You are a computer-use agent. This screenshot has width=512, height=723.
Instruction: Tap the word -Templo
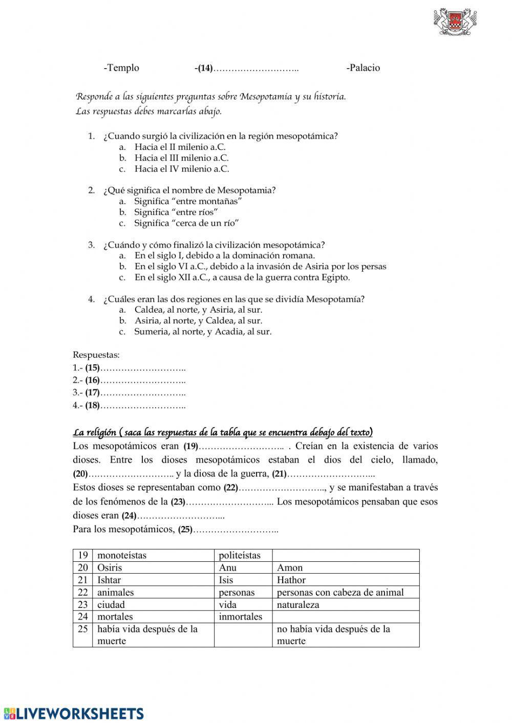[121, 68]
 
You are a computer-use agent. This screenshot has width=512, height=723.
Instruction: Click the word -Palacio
[363, 68]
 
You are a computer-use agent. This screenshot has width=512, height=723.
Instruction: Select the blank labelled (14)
[255, 69]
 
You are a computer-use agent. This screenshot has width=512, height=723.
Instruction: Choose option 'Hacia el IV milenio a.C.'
[181, 169]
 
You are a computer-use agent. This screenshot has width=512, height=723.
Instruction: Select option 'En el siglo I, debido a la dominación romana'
[224, 255]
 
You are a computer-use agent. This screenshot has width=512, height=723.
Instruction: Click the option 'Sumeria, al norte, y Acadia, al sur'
[203, 332]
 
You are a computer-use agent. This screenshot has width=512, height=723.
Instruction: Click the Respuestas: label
[96, 355]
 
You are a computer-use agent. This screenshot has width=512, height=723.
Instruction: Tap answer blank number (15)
[142, 368]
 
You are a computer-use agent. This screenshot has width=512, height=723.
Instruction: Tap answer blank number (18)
[142, 406]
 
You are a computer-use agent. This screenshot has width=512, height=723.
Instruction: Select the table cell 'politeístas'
[240, 555]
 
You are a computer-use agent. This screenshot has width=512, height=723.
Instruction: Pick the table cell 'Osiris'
[110, 567]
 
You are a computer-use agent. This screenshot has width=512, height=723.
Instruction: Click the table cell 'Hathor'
[291, 580]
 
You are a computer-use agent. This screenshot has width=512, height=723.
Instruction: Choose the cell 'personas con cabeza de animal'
[340, 592]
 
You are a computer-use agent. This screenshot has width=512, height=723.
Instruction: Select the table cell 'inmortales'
[240, 617]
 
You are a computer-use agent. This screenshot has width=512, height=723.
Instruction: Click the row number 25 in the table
[83, 629]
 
